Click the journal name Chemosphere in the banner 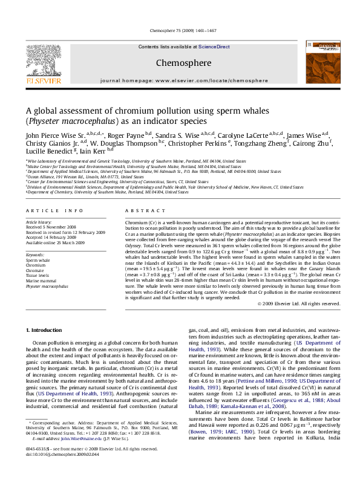[x=180, y=62]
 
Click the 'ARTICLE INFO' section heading [x=54, y=210]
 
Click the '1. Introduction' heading [x=45, y=329]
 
